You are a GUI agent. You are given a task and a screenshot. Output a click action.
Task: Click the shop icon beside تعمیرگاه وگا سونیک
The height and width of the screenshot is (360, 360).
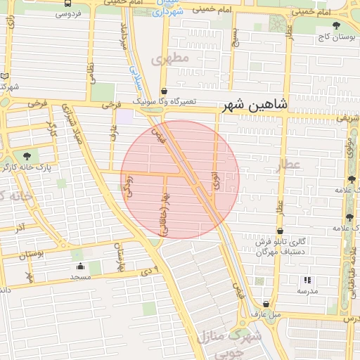tap(164, 91)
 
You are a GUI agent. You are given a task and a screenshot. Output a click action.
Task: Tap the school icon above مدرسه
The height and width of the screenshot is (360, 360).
tap(307, 280)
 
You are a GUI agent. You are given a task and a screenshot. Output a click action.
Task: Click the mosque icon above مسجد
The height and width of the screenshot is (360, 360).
tap(79, 266)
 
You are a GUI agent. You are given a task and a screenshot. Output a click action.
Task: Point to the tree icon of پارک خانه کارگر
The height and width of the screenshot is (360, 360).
tap(27, 155)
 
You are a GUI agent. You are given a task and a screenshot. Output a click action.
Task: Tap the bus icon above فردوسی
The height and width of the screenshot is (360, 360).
tap(67, 4)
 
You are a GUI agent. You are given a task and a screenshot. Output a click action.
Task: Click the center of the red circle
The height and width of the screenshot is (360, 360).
tap(180, 179)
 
